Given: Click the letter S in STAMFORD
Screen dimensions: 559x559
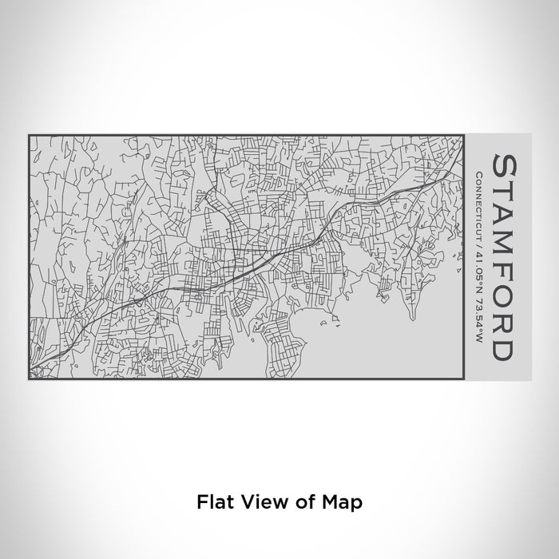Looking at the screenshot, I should [x=504, y=168].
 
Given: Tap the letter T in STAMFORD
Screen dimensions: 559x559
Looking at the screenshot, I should [x=504, y=195].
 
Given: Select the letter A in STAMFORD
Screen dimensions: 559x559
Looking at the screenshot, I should [x=504, y=220].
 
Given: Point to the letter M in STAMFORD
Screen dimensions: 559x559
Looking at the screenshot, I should [x=504, y=250].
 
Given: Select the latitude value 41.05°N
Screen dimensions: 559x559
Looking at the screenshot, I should [x=478, y=264].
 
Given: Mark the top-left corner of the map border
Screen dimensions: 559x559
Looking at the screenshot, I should [x=29, y=136].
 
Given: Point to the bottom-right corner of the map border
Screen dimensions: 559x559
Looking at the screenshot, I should [x=465, y=379].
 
